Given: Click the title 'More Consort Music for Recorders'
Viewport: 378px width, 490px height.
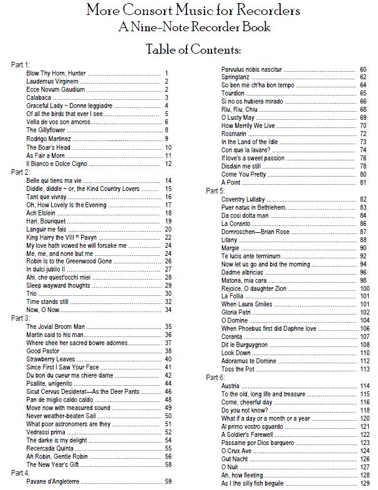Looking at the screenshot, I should pyautogui.click(x=193, y=11).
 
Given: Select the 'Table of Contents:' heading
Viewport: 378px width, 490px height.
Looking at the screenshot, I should pyautogui.click(x=193, y=49).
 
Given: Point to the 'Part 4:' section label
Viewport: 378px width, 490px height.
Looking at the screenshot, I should pyautogui.click(x=21, y=473).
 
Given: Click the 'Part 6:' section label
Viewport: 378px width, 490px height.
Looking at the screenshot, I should pyautogui.click(x=215, y=378).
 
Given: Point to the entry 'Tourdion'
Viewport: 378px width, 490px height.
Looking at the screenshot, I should pyautogui.click(x=233, y=93).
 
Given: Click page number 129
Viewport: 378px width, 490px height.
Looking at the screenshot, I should pyautogui.click(x=365, y=483).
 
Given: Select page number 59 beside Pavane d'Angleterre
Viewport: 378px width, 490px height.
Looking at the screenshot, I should pyautogui.click(x=168, y=482).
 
